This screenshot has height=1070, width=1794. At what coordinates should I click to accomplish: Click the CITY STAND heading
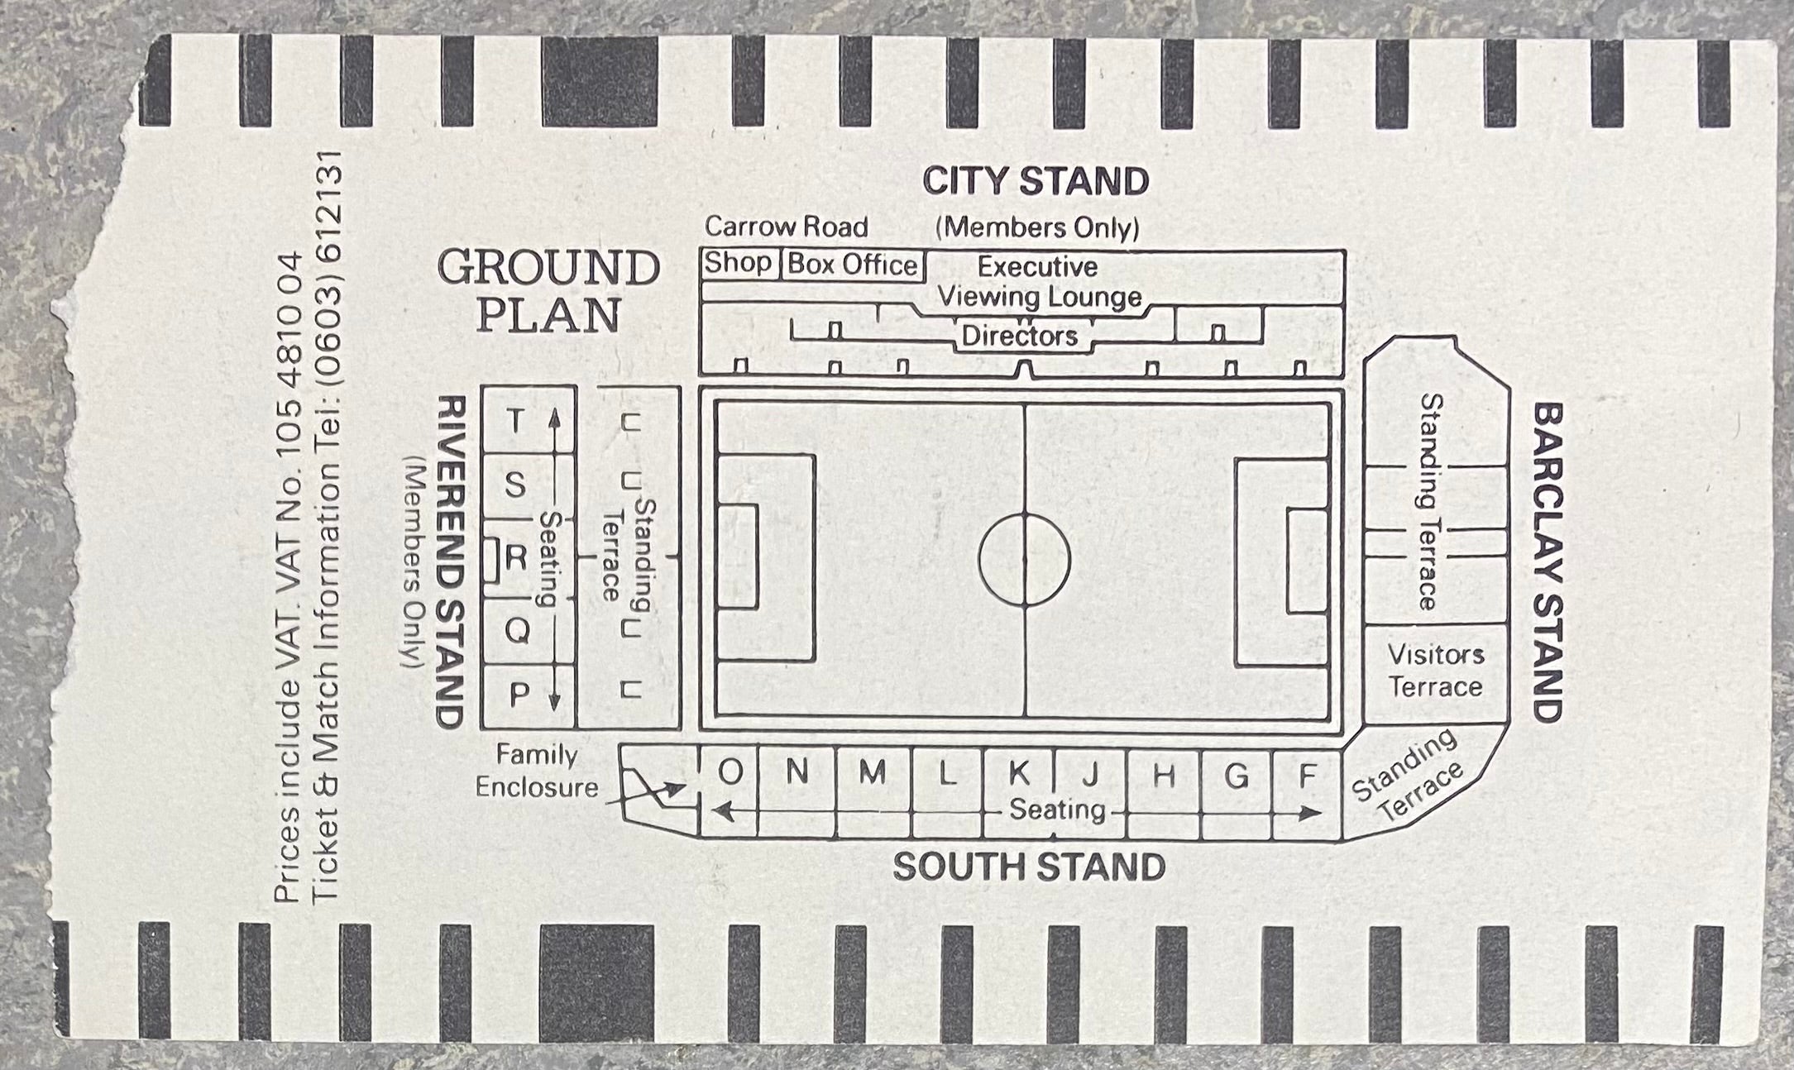[1036, 182]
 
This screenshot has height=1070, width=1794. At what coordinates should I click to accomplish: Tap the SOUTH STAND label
[1028, 867]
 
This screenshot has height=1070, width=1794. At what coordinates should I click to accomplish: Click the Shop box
[738, 264]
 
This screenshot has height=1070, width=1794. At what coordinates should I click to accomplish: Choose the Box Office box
[852, 265]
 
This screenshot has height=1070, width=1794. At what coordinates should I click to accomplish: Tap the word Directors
[1019, 336]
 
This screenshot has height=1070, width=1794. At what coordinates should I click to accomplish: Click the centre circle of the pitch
[1024, 560]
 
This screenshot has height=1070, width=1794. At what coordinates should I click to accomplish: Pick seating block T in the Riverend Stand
[516, 421]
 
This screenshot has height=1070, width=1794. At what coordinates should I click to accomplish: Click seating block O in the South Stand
[730, 772]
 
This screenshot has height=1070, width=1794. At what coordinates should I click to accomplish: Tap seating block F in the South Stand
[1307, 776]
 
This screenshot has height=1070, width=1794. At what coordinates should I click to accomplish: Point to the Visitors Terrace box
[1435, 671]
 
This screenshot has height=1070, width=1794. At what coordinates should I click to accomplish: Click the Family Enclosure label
[537, 771]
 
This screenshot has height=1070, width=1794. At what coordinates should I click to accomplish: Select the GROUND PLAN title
[549, 291]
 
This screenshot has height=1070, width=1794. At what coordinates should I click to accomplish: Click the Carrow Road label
[786, 227]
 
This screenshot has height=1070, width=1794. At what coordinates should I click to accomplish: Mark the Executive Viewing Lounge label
[1038, 281]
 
